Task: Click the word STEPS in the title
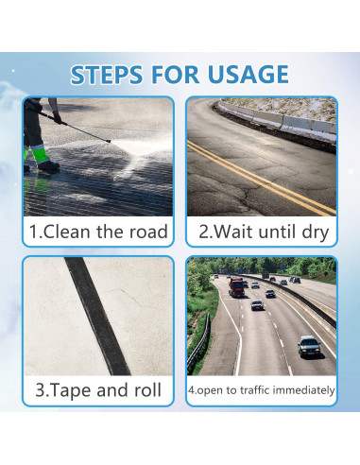(107, 75)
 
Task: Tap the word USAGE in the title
(249, 75)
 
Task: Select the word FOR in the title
(175, 75)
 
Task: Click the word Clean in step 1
(67, 232)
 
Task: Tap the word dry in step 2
(316, 232)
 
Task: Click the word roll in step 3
(147, 389)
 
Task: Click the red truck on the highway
(237, 287)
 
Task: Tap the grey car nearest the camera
(309, 347)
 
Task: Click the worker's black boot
(48, 166)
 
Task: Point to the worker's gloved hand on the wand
(58, 118)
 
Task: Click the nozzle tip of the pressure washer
(109, 141)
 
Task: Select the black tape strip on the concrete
(97, 316)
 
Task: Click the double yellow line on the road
(262, 179)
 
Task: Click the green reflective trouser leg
(40, 154)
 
